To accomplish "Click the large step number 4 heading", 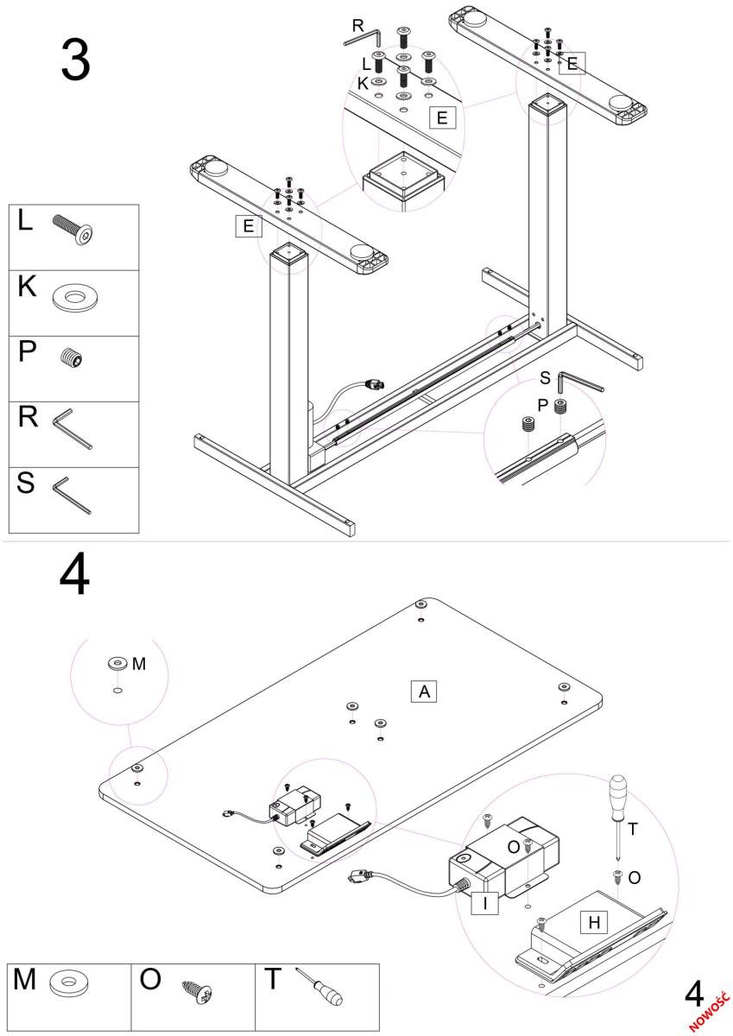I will click(75, 576).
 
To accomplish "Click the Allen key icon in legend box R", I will click(73, 429).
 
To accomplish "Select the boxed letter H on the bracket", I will click(593, 922).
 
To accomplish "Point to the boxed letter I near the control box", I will click(485, 904).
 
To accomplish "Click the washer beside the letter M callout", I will click(117, 663).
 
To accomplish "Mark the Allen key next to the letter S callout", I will click(578, 382).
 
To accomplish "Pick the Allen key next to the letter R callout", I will click(363, 38).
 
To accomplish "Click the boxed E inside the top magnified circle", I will click(442, 118).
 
